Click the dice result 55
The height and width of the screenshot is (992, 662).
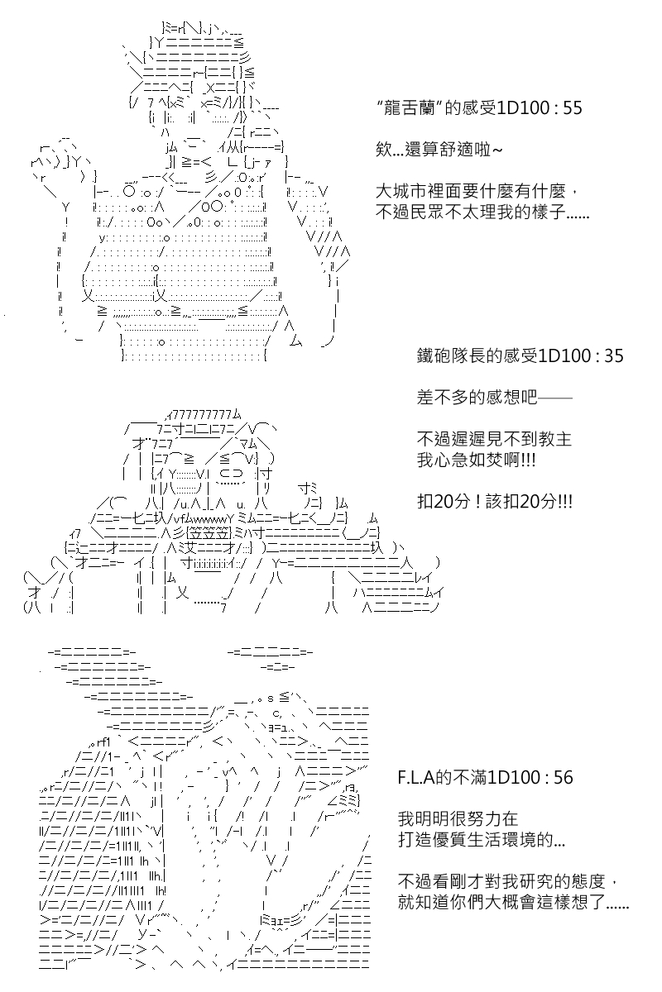tap(572, 108)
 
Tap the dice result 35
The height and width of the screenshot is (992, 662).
tap(614, 356)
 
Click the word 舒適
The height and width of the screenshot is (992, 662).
tap(457, 150)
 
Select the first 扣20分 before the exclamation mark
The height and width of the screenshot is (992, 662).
tap(443, 502)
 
